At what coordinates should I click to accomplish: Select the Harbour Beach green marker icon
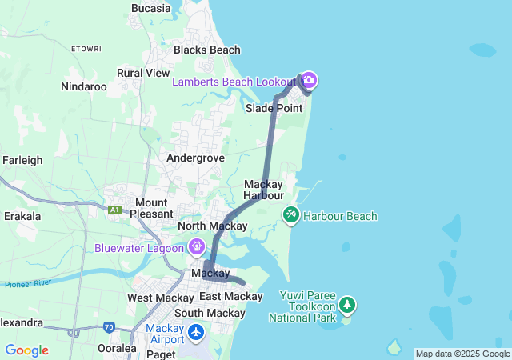pos(290,214)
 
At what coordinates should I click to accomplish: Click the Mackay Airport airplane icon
pos(197,330)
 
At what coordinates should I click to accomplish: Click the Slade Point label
pos(274,108)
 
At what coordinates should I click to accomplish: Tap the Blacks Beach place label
pos(207,50)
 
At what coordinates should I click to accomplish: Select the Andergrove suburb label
pos(194,158)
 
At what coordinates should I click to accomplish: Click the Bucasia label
pos(150,8)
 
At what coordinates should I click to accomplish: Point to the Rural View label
pos(143,73)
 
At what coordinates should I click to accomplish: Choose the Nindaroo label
pos(84,86)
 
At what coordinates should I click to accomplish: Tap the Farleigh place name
pos(22,160)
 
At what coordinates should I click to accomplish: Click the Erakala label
pos(22,216)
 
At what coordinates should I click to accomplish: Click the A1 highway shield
pos(115,210)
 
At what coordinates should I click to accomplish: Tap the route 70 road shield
pos(109,327)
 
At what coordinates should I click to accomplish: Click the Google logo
pos(26,350)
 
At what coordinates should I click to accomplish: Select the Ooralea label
pos(113,348)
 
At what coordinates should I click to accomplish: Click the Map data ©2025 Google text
pos(462,354)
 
